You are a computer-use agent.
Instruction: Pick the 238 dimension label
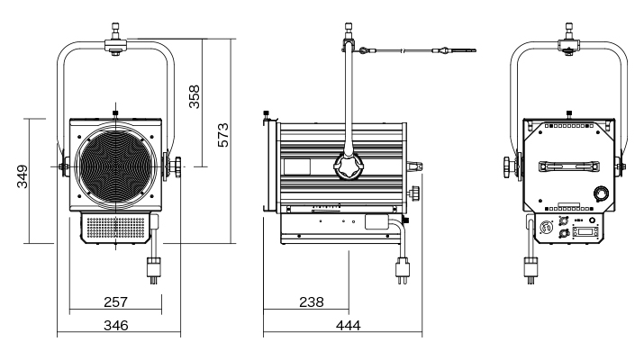(312, 301)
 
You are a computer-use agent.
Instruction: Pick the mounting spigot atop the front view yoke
(114, 43)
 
